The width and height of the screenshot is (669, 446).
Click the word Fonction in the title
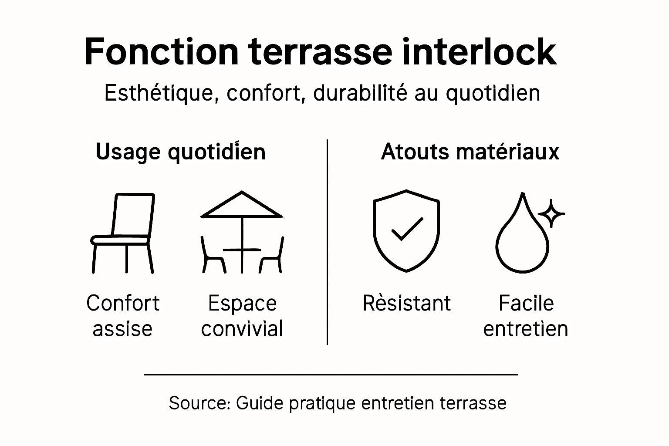(x=161, y=51)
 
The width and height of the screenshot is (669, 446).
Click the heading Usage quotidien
(x=180, y=152)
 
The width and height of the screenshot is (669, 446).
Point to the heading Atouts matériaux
(x=470, y=152)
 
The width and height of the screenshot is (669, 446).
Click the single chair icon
(x=123, y=233)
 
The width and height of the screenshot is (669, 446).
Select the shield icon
(x=406, y=230)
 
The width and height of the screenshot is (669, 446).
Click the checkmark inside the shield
(x=407, y=229)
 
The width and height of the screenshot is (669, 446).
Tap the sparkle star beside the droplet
(x=551, y=213)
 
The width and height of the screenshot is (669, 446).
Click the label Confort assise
(x=123, y=316)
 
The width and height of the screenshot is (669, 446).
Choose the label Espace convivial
(x=242, y=316)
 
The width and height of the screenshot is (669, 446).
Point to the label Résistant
(x=406, y=303)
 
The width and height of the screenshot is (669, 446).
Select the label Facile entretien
(x=526, y=316)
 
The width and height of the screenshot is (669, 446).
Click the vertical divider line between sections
(x=327, y=242)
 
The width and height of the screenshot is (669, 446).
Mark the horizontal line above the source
(x=331, y=374)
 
